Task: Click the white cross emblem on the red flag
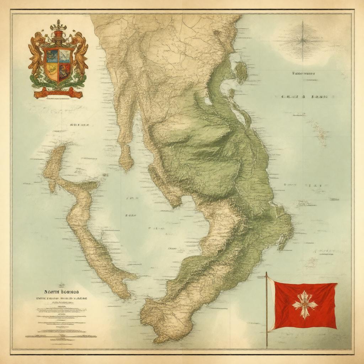pos(304,304)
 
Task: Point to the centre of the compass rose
pos(303,40)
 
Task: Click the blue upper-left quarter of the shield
pos(52,56)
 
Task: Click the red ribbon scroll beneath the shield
pos(58,93)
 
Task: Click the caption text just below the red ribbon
pos(58,100)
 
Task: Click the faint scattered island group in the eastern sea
pos(320,133)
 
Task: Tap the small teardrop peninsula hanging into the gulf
pos(126,158)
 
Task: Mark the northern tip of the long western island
pos(60,148)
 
